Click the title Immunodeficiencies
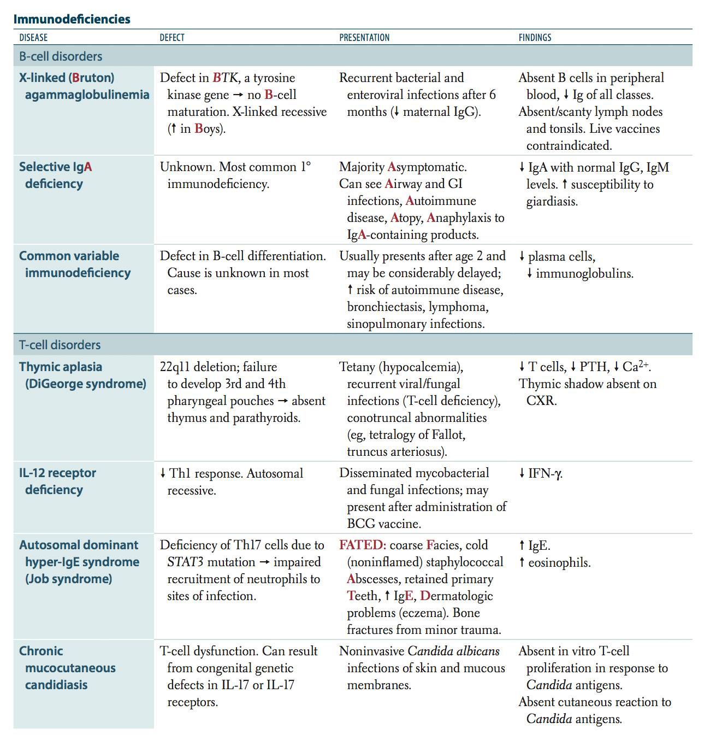coord(72,19)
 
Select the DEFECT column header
coord(171,38)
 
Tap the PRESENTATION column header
coord(364,38)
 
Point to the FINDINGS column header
coord(535,38)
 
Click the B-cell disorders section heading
coord(61,56)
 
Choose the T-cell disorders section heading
coord(60,345)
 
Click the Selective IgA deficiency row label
coord(55,175)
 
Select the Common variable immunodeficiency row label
coord(74,264)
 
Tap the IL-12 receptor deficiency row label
coord(57,481)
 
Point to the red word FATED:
coord(362,545)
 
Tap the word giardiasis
coord(552,201)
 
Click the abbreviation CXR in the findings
coord(540,401)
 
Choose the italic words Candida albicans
coord(453,651)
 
